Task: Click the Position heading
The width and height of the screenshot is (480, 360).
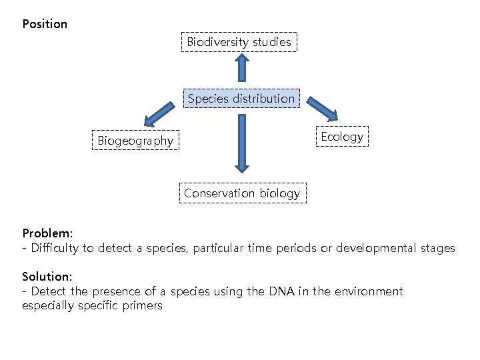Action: click(x=45, y=24)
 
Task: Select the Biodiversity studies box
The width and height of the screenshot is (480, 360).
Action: click(x=239, y=42)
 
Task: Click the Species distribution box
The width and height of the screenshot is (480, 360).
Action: click(x=241, y=99)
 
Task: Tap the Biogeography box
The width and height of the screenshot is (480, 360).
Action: click(x=135, y=141)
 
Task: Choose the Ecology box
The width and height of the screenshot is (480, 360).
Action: click(x=342, y=137)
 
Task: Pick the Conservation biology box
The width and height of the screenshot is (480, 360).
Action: click(x=242, y=193)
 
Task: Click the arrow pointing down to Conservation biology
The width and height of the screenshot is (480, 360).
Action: click(x=241, y=143)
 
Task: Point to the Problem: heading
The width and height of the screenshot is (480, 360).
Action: click(x=47, y=233)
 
